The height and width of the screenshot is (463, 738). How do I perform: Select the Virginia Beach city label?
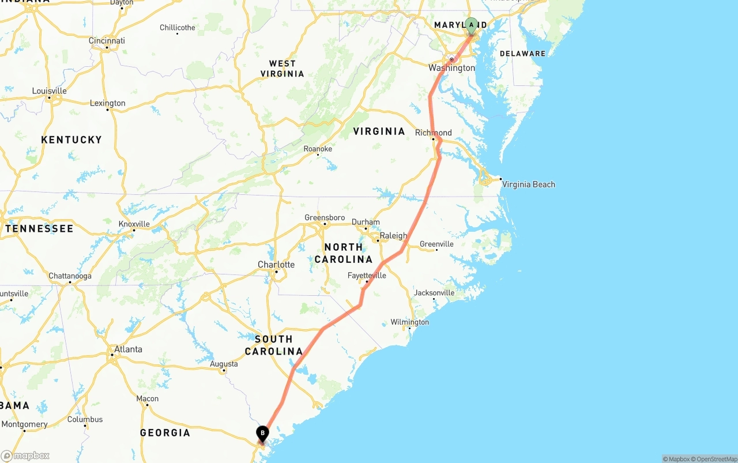coord(528,185)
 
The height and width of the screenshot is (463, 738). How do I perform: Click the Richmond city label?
coord(434,133)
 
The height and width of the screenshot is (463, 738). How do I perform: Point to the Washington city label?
coord(451,68)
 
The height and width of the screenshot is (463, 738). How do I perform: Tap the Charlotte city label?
coord(276,265)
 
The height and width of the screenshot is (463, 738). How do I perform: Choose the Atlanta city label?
coord(128,349)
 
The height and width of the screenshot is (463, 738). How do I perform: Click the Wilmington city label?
coord(410,322)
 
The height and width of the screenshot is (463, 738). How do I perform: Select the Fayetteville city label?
coord(367,276)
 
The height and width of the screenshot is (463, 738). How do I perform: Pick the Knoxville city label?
coord(134,224)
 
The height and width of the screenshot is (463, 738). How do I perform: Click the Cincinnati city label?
coord(107,41)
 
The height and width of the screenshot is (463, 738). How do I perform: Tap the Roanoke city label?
coord(318,149)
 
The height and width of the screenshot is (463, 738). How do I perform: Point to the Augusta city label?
coord(224,364)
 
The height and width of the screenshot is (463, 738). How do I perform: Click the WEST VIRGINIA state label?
coord(283,69)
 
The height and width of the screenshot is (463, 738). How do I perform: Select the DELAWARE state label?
coord(522,54)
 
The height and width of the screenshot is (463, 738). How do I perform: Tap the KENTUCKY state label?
coord(71,140)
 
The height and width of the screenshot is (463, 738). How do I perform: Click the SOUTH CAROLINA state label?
coord(274,345)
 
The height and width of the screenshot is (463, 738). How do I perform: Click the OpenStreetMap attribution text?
coord(713,459)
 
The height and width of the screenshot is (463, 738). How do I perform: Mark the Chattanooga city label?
coord(70,276)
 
